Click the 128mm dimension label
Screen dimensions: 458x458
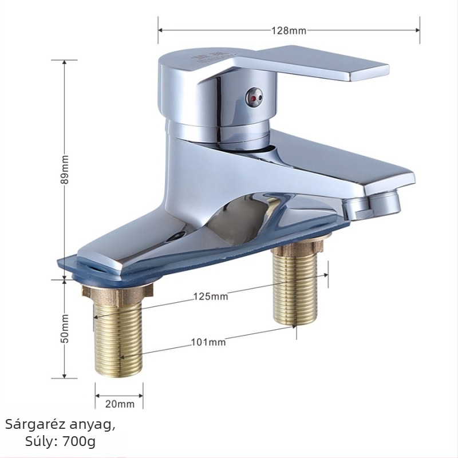point(289,31)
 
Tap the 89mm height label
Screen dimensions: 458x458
point(65,169)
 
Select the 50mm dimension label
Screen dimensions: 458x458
point(65,329)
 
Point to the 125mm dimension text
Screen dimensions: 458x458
point(211,296)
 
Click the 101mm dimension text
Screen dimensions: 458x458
point(208,342)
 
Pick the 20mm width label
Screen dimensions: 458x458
point(120,404)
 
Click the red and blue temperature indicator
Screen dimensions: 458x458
point(254,96)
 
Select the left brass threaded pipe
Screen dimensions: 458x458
point(118,339)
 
